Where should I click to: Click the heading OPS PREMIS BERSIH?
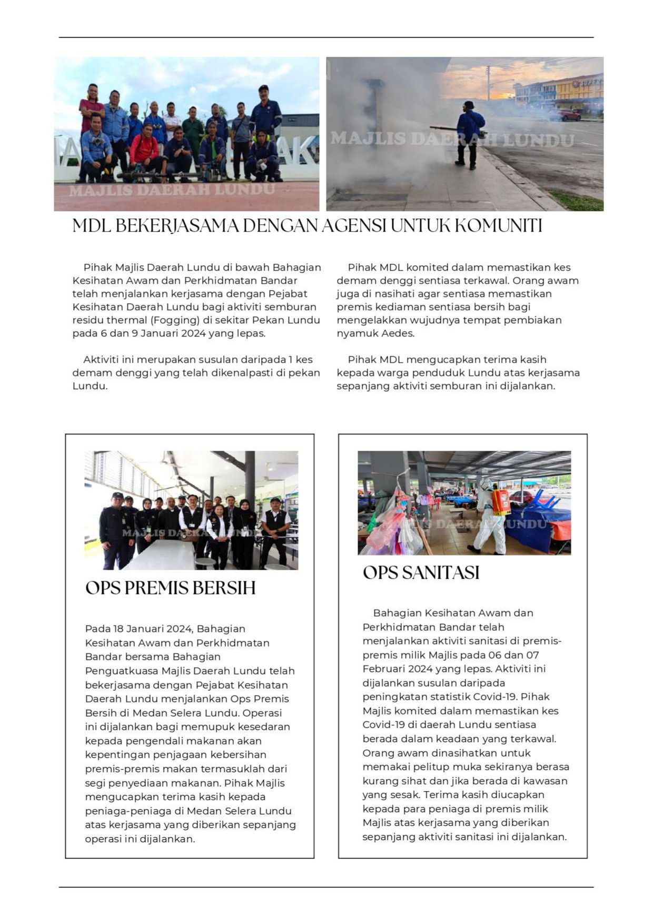[170, 588]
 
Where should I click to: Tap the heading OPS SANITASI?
[421, 573]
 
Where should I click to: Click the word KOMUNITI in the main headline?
[498, 226]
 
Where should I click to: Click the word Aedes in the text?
[398, 333]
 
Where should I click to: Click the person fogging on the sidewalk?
[469, 134]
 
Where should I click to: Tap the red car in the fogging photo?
[566, 115]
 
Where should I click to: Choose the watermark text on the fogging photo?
[452, 140]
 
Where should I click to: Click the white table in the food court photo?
[158, 555]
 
